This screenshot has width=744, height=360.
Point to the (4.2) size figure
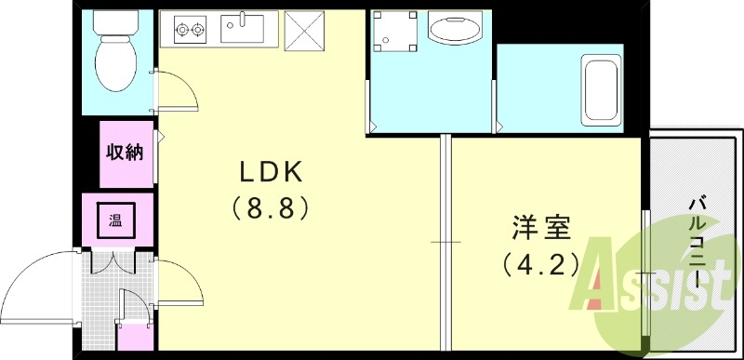pos(540,263)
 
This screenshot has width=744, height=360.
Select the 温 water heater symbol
pos(115,221)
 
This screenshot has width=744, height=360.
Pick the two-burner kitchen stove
pos(189,31)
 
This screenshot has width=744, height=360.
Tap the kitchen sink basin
pos(244,28)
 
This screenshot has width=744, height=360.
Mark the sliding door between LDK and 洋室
pos(445,242)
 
